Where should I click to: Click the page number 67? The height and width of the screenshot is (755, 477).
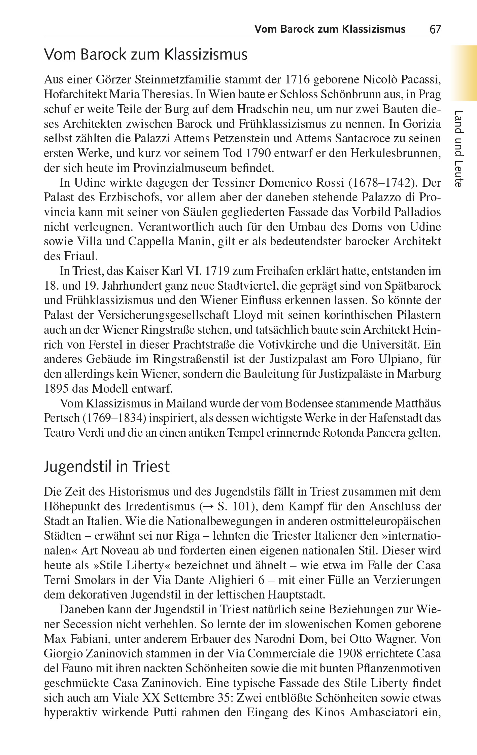pyautogui.click(x=435, y=30)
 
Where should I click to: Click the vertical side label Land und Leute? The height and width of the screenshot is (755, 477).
pyautogui.click(x=459, y=148)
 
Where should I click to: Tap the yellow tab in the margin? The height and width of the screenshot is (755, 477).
pyautogui.click(x=465, y=73)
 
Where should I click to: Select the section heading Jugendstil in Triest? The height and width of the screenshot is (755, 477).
pyautogui.click(x=107, y=467)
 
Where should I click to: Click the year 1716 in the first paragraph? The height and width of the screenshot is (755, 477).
pyautogui.click(x=297, y=80)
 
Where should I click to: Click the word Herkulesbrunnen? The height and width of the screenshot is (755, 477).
pyautogui.click(x=396, y=153)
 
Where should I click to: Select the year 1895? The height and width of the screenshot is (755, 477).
pyautogui.click(x=56, y=389)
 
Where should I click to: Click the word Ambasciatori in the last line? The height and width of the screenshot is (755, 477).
pyautogui.click(x=383, y=712)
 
